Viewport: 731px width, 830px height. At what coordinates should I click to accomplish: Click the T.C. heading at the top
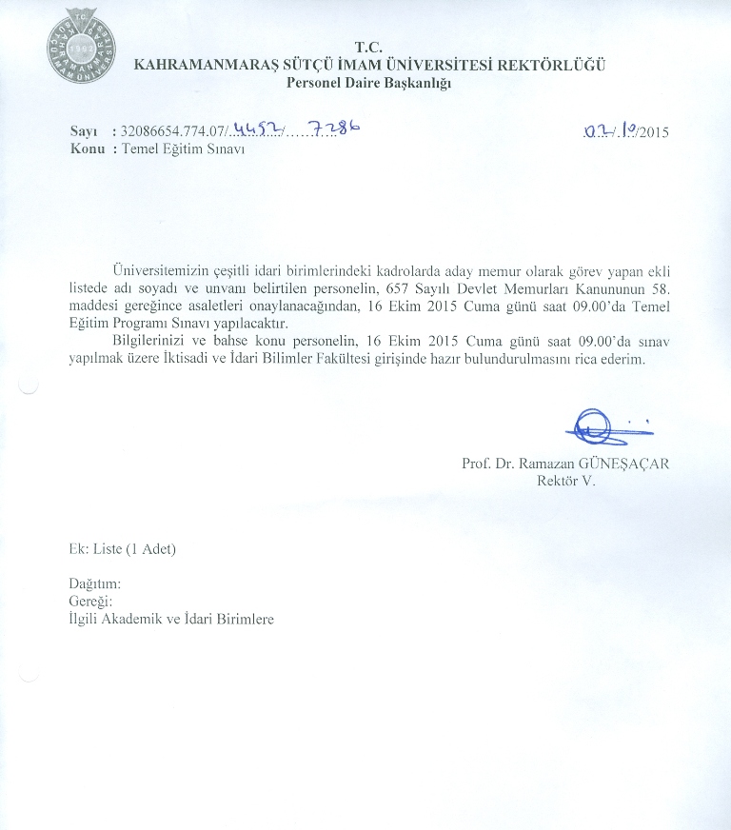click(368, 47)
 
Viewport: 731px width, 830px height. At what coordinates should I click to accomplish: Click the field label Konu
click(87, 149)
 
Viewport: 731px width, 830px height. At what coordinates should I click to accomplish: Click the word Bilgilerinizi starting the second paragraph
click(152, 342)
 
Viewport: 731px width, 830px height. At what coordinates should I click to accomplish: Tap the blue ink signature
click(596, 425)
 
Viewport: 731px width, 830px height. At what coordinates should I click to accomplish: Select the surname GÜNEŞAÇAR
click(627, 464)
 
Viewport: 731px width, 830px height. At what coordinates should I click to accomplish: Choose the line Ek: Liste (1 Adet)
click(123, 549)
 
